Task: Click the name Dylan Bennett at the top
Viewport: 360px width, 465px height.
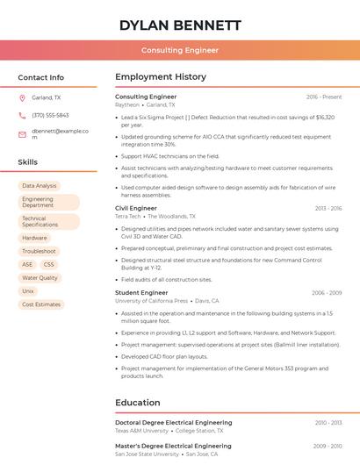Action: click(x=180, y=25)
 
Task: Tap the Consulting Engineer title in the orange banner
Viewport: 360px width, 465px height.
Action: click(x=180, y=50)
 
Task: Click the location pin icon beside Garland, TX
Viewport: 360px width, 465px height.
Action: click(x=22, y=97)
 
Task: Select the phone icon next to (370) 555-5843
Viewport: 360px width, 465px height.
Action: click(x=22, y=115)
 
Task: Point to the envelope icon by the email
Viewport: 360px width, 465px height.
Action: click(x=22, y=134)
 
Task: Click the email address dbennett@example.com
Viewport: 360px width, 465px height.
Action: click(x=61, y=134)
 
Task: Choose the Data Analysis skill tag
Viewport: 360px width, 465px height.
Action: click(x=40, y=186)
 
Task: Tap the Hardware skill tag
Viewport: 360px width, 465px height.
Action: click(x=34, y=238)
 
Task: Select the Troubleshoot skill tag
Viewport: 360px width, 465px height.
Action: click(x=39, y=251)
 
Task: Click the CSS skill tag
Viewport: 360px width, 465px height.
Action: click(x=48, y=264)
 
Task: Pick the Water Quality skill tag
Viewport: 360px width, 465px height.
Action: click(x=40, y=277)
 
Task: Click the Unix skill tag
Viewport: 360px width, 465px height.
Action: click(x=28, y=290)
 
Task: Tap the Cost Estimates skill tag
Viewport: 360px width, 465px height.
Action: click(x=41, y=304)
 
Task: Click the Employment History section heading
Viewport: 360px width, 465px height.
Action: click(x=161, y=77)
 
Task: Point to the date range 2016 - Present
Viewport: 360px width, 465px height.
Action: click(x=324, y=97)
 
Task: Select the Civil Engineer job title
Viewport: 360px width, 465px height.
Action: click(x=136, y=208)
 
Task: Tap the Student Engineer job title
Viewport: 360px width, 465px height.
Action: click(x=141, y=293)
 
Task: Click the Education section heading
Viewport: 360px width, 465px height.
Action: click(x=138, y=403)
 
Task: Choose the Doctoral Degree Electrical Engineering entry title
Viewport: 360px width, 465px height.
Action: click(x=174, y=423)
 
